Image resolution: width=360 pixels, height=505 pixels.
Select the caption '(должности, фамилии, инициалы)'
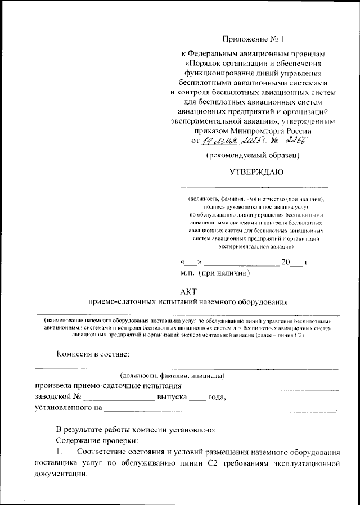pos(172,375)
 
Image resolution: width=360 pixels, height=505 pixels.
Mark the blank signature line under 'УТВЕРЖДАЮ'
pos(254,187)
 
